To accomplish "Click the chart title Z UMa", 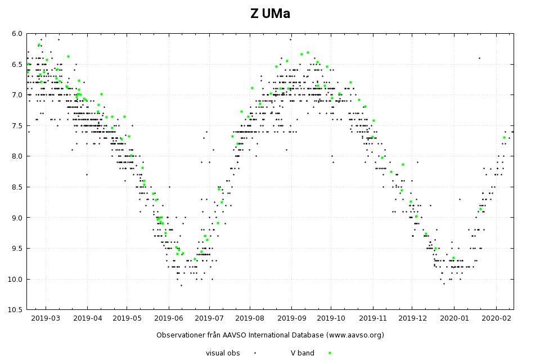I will tap(270, 14).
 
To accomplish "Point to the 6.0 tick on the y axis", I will tap(17, 34).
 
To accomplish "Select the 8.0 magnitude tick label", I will tap(17, 156).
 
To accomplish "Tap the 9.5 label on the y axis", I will tap(17, 248).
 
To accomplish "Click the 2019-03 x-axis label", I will tap(46, 318).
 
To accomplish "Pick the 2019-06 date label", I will tap(168, 318).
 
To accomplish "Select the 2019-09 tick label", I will tap(291, 318).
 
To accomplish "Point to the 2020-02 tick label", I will tap(496, 318).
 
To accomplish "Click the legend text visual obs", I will tap(223, 353).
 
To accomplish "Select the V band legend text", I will tap(303, 353).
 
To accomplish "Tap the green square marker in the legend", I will tap(330, 353).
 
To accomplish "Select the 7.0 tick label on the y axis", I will tap(17, 95).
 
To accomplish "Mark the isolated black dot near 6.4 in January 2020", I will tap(479, 58).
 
